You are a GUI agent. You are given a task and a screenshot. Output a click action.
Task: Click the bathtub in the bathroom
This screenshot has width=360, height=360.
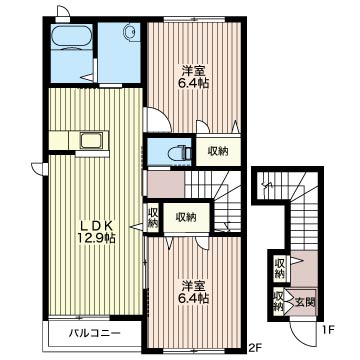(70, 41)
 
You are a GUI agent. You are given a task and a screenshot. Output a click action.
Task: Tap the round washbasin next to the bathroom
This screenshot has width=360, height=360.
(130, 33)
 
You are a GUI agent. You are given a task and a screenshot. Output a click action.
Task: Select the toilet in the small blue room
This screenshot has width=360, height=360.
(176, 153)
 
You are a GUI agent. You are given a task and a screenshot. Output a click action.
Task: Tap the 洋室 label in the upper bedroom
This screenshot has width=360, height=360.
(193, 70)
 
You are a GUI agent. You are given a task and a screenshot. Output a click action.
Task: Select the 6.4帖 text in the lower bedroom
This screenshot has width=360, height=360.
(194, 297)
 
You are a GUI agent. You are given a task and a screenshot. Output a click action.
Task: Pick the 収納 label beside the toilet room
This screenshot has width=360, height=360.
(218, 151)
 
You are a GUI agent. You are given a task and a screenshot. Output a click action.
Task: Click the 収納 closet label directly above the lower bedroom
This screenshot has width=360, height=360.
(185, 216)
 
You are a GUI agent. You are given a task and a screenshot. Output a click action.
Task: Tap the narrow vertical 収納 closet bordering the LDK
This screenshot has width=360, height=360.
(154, 217)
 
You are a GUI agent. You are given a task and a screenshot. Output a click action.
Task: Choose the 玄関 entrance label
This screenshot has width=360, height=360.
(303, 300)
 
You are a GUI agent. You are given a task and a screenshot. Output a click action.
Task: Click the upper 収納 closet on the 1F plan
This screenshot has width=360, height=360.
(280, 267)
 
